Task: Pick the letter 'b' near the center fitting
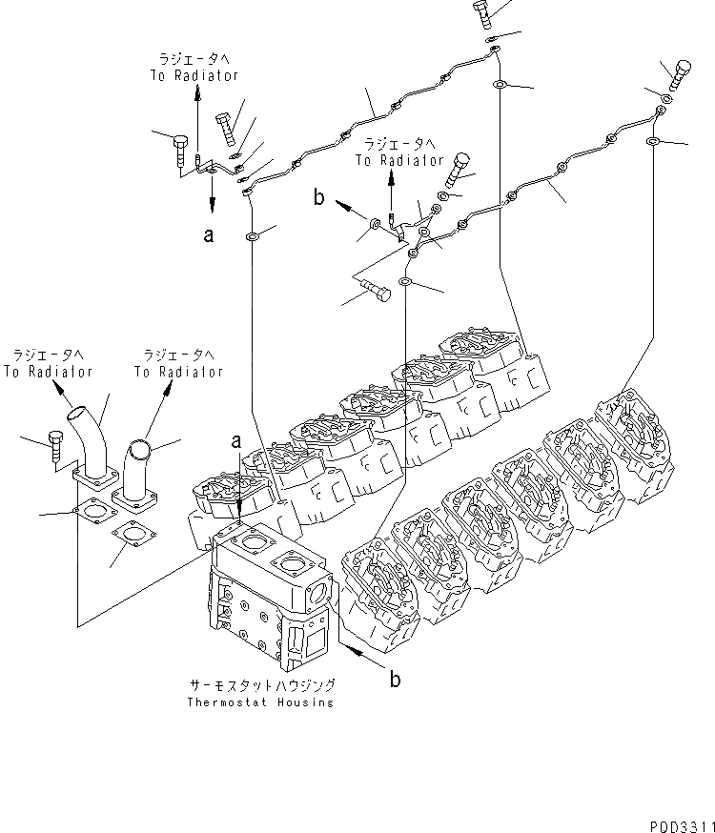tap(320, 197)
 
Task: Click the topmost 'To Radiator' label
tap(194, 75)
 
